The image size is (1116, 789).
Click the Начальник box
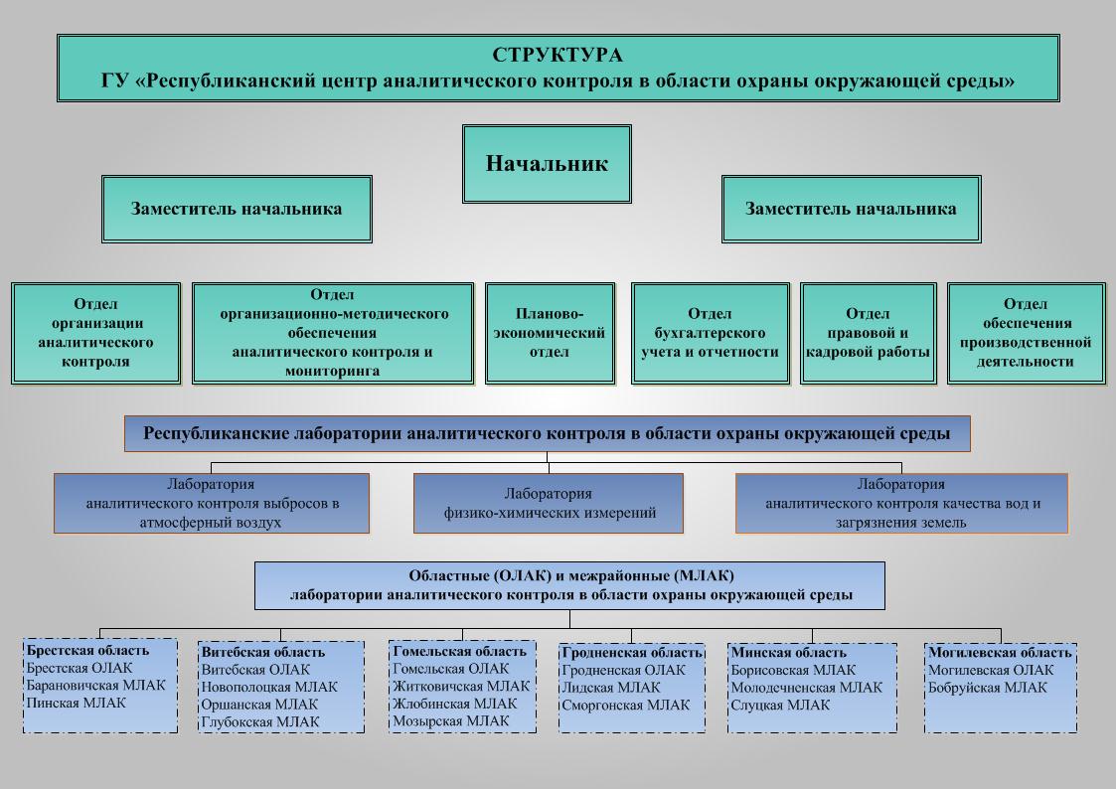547,164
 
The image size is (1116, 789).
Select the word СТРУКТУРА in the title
558,55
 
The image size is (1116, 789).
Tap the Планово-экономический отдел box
550,333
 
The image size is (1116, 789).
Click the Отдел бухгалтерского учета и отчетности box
711,333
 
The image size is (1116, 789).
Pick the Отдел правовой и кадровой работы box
868,333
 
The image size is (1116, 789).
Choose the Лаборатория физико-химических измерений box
548,503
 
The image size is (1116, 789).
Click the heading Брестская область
87,650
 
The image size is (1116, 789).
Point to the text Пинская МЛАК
77,703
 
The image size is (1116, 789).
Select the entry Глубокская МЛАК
259,722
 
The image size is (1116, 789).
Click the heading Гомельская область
460,651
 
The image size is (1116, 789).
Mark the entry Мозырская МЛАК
451,720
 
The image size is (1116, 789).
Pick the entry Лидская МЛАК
610,688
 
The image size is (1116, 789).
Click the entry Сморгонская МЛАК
626,706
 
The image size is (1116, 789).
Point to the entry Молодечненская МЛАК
806,688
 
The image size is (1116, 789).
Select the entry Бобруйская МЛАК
987,688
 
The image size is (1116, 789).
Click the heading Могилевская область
1000,653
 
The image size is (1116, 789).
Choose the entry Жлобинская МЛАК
455,704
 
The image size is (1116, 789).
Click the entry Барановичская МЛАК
95,685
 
